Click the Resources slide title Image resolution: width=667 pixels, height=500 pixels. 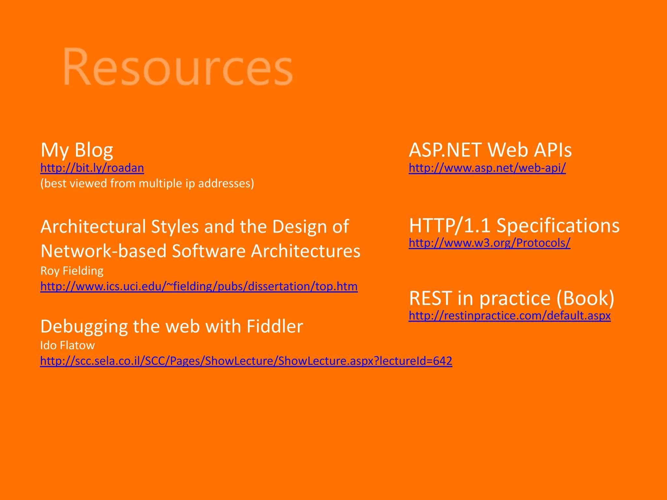click(x=178, y=67)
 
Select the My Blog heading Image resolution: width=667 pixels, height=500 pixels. click(x=77, y=150)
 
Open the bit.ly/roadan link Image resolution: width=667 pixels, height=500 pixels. click(x=92, y=168)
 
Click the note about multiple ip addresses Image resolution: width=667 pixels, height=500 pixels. click(x=147, y=184)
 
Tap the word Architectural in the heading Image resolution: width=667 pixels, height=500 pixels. click(x=93, y=227)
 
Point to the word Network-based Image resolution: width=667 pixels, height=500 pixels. click(x=103, y=251)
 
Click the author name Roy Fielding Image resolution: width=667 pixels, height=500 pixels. click(x=72, y=271)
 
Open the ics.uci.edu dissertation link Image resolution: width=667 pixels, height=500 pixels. click(x=199, y=286)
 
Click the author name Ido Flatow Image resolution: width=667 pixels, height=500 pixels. click(x=67, y=345)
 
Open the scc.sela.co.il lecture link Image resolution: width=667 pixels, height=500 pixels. click(x=246, y=361)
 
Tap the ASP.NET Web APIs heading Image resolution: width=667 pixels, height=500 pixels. click(x=490, y=150)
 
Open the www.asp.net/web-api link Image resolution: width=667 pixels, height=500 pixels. click(x=487, y=168)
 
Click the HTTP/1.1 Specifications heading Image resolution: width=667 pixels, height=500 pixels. click(x=514, y=225)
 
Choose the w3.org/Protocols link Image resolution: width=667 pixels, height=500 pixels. click(x=490, y=243)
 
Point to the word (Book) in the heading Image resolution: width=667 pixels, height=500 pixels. click(x=585, y=298)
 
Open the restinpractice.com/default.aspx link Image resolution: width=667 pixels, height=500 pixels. click(x=510, y=316)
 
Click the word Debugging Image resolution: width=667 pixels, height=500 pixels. click(x=84, y=327)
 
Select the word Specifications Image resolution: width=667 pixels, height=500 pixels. click(x=558, y=225)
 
